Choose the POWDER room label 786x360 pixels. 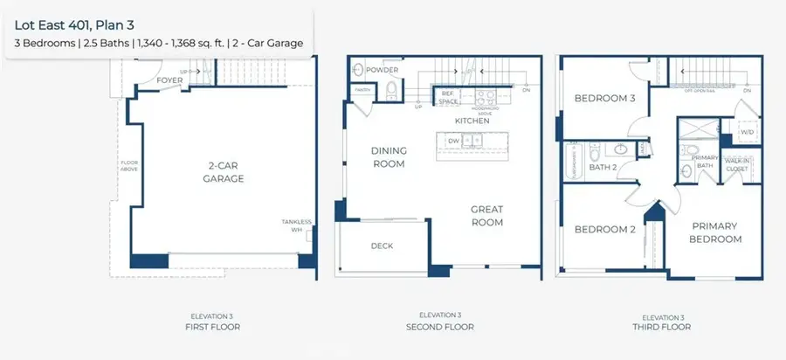383,70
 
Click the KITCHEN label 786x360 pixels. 472,121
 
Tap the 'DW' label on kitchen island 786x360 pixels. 453,140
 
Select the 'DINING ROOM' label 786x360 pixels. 390,156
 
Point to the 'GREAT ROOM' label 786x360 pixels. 487,215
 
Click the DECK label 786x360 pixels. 382,246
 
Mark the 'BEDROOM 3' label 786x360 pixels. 603,99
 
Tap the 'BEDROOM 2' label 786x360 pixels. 603,230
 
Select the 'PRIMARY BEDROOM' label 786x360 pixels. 715,232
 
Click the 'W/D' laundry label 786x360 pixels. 747,133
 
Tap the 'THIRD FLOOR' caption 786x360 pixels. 666,327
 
